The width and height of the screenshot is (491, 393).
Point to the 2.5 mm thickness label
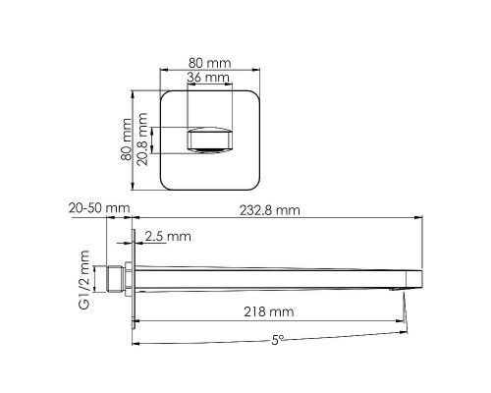pyautogui.click(x=167, y=237)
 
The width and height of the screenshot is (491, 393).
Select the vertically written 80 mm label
pyautogui.click(x=126, y=140)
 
